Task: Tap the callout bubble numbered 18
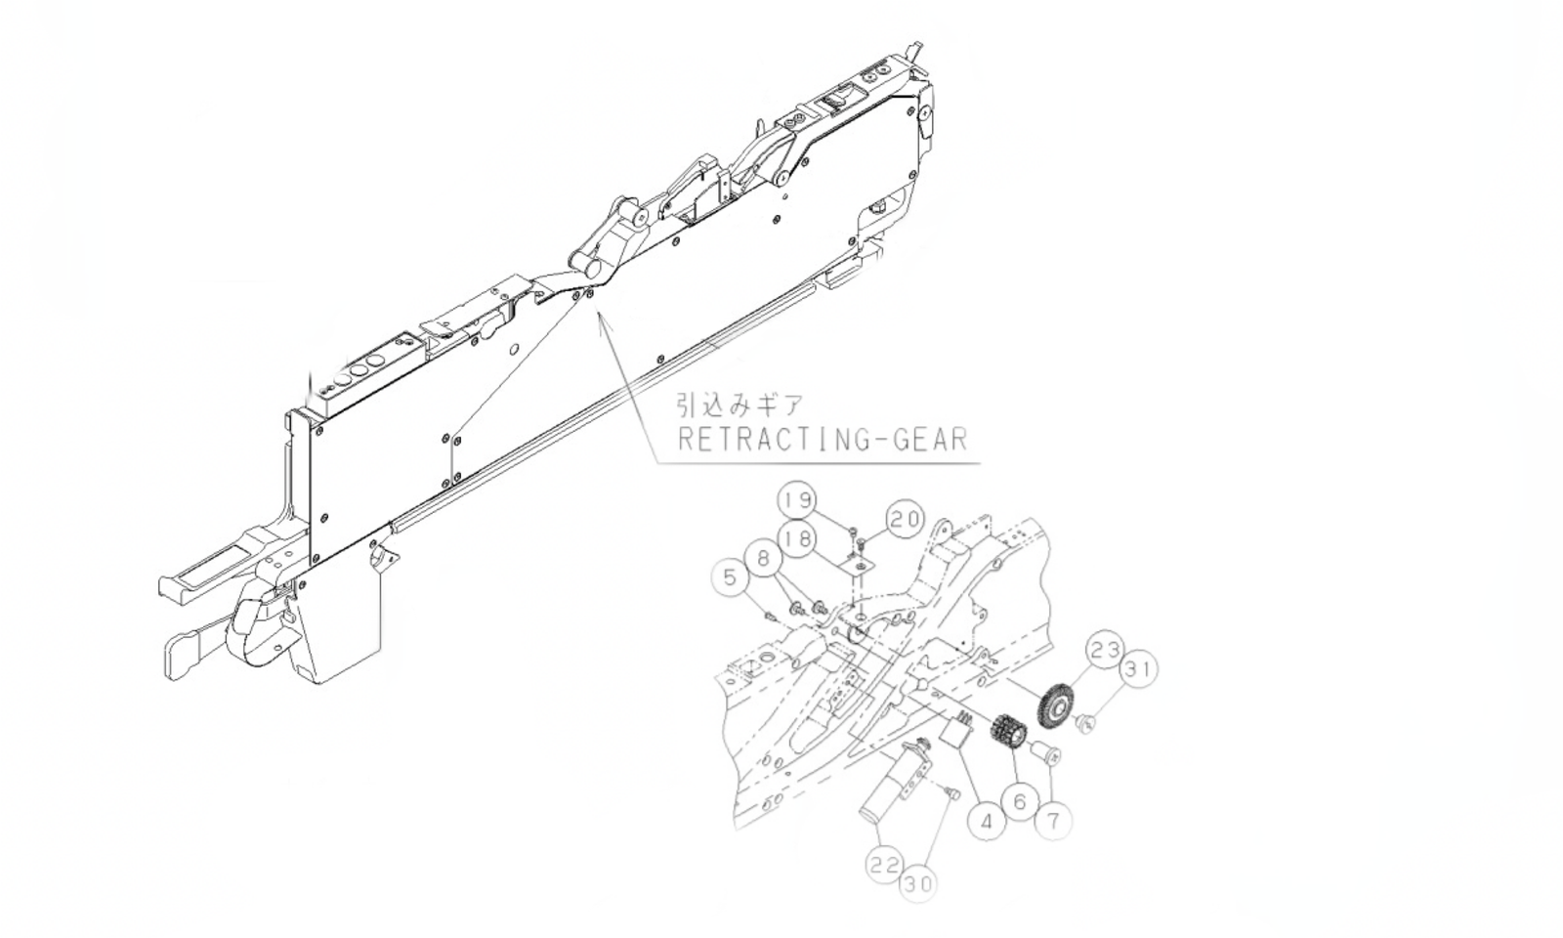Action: point(798,538)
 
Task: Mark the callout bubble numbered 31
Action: point(1138,670)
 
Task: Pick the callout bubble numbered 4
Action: point(988,822)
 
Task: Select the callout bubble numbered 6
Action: point(1021,802)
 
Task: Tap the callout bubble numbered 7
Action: point(1053,821)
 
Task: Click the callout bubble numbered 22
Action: point(884,864)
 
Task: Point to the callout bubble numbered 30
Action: point(917,884)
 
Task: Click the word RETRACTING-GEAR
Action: point(823,439)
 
